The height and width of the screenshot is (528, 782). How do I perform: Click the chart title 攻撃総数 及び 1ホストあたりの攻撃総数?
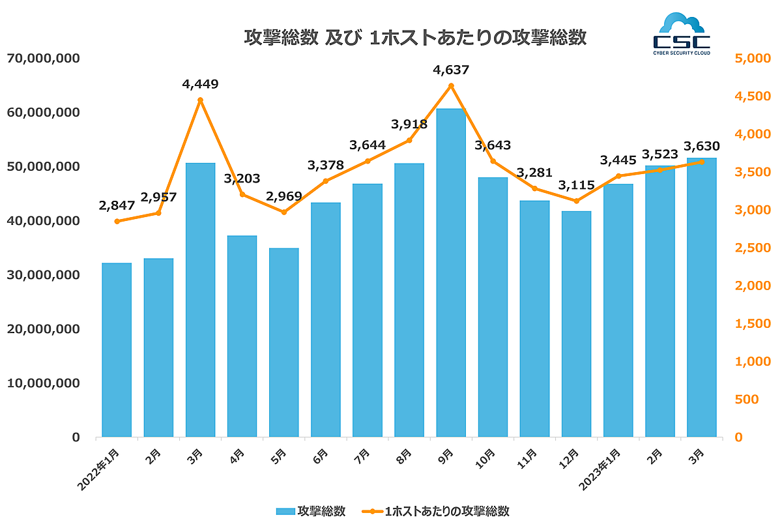(x=415, y=38)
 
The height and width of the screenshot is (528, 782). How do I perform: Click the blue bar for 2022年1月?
(x=117, y=350)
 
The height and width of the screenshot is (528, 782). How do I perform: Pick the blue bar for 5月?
(x=283, y=342)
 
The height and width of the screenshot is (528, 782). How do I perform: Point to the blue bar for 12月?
(x=576, y=324)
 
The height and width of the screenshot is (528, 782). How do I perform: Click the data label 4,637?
(x=451, y=70)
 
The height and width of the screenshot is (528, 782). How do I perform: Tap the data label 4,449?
(x=200, y=84)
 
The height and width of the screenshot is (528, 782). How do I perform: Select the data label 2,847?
(x=117, y=205)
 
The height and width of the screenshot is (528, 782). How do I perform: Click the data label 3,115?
(x=576, y=185)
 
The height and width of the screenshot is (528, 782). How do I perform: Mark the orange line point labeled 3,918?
(x=409, y=140)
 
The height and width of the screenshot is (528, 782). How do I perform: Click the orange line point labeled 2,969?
(x=283, y=212)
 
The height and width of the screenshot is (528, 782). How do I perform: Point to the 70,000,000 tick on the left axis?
(x=43, y=59)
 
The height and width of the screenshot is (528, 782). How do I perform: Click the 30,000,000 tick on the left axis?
(x=43, y=275)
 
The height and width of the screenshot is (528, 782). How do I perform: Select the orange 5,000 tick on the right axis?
(x=752, y=59)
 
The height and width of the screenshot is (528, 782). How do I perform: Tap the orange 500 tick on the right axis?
(x=746, y=399)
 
